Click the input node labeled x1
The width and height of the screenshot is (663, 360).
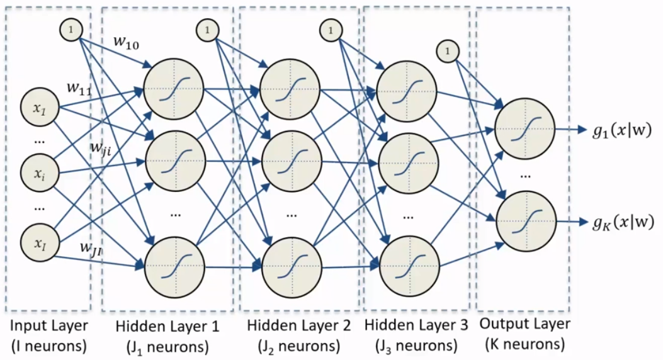click(x=37, y=108)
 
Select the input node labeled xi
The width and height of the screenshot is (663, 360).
click(x=37, y=171)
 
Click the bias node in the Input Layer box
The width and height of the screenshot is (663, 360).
click(x=71, y=30)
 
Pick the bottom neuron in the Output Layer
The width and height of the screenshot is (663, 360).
click(x=524, y=217)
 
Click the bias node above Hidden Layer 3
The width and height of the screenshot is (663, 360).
click(x=446, y=50)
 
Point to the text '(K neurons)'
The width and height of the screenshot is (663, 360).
click(x=524, y=344)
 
